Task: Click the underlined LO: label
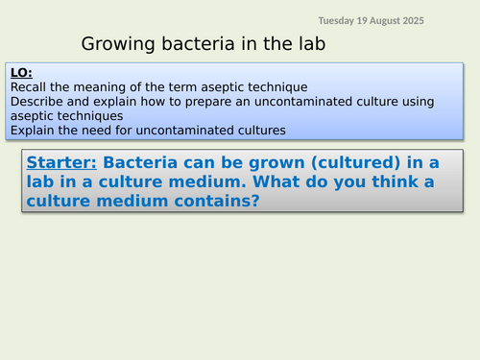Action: [x=21, y=72]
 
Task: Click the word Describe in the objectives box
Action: [x=36, y=101]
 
